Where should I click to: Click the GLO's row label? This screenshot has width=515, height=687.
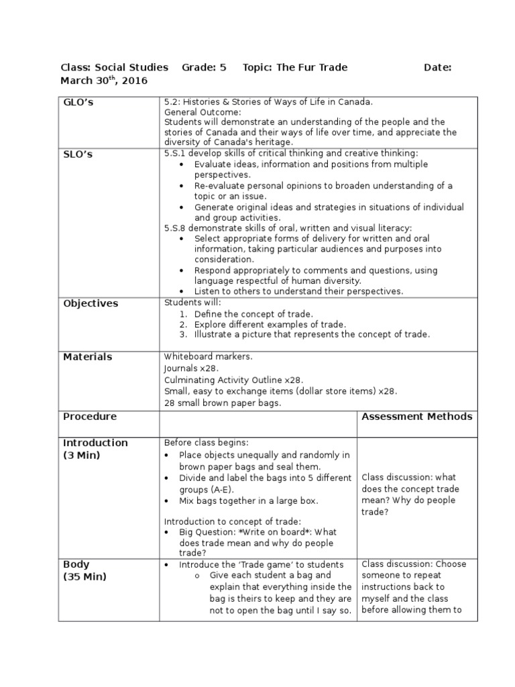[79, 103]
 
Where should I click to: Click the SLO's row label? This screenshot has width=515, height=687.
[78, 154]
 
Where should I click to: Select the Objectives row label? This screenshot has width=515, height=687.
[91, 303]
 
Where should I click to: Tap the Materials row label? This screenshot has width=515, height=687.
[88, 357]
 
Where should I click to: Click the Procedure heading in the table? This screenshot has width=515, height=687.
[90, 417]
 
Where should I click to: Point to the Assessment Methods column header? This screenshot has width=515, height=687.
[416, 417]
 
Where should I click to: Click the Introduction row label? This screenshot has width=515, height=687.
[95, 443]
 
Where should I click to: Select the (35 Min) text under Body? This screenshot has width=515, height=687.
[84, 577]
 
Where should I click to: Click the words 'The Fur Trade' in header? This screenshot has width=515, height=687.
[312, 67]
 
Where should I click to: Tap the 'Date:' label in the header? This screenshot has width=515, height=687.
[438, 67]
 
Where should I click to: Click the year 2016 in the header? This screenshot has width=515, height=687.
[135, 81]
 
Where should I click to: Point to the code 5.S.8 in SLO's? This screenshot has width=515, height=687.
[177, 228]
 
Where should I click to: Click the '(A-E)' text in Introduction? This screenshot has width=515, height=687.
[219, 490]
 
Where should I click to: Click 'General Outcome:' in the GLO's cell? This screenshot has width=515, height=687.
[197, 112]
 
